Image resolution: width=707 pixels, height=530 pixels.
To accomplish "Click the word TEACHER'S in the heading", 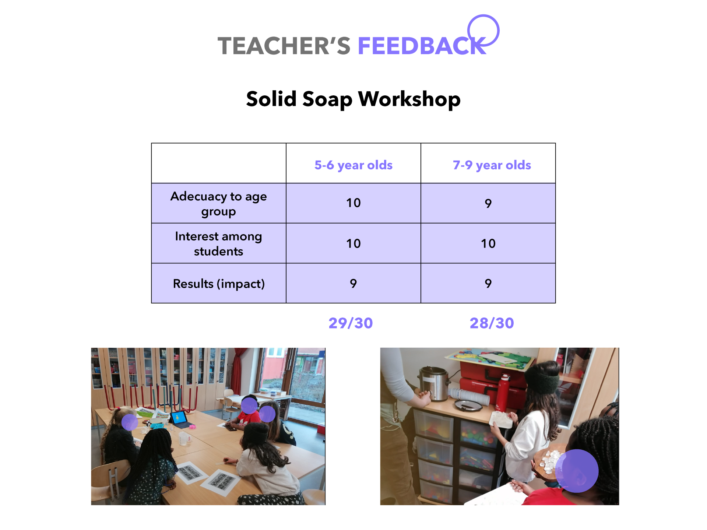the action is [x=284, y=46].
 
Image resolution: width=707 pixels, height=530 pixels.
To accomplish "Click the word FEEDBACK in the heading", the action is [x=422, y=46].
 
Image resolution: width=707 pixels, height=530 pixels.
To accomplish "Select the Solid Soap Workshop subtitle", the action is [x=353, y=99].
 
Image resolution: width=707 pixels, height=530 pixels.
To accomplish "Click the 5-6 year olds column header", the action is [x=353, y=165].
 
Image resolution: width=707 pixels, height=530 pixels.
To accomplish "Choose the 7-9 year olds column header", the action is [x=492, y=165].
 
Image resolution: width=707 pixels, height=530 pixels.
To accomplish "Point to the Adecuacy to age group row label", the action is [x=219, y=204].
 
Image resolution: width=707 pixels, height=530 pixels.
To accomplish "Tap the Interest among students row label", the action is [x=219, y=243].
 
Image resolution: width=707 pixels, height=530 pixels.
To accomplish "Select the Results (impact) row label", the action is [x=219, y=284].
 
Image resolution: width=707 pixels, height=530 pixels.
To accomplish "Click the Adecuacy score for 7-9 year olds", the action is [x=488, y=203].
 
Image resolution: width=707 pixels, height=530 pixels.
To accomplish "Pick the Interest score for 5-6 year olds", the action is [x=353, y=243].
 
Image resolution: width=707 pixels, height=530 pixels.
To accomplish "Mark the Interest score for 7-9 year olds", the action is [x=488, y=243].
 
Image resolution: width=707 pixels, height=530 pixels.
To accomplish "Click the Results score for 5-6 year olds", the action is [x=353, y=283].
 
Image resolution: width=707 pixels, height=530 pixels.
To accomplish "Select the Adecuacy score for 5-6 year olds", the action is [x=353, y=203].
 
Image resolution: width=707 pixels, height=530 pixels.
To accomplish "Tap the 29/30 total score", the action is [x=351, y=323].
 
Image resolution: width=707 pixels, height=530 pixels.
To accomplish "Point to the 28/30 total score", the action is [x=492, y=323].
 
